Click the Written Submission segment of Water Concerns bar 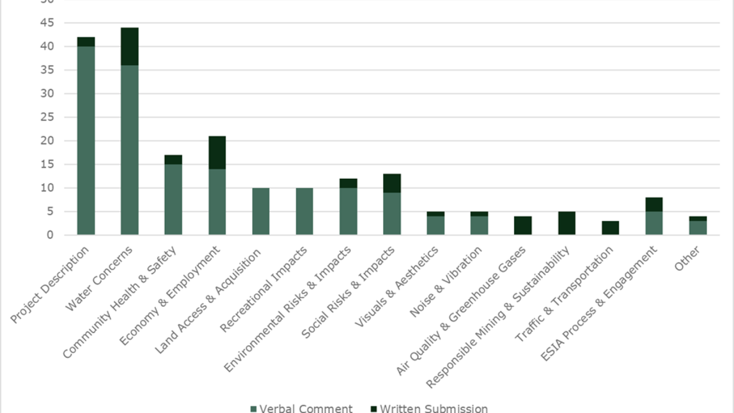(130, 46)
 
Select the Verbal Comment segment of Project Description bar (86, 141)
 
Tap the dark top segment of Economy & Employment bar (217, 152)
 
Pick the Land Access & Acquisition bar (261, 211)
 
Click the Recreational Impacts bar (304, 211)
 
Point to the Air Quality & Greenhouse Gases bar (523, 226)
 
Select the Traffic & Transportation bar (610, 228)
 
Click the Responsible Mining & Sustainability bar (567, 223)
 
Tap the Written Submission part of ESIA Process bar (654, 205)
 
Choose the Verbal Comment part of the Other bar (698, 228)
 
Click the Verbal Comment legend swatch (253, 409)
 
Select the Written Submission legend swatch (374, 409)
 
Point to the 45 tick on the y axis (47, 23)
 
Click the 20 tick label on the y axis (47, 141)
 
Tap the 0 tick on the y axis (50, 235)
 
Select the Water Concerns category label (98, 279)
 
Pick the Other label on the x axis (687, 259)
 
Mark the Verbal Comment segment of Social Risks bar (392, 214)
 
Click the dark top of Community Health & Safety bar (173, 160)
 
